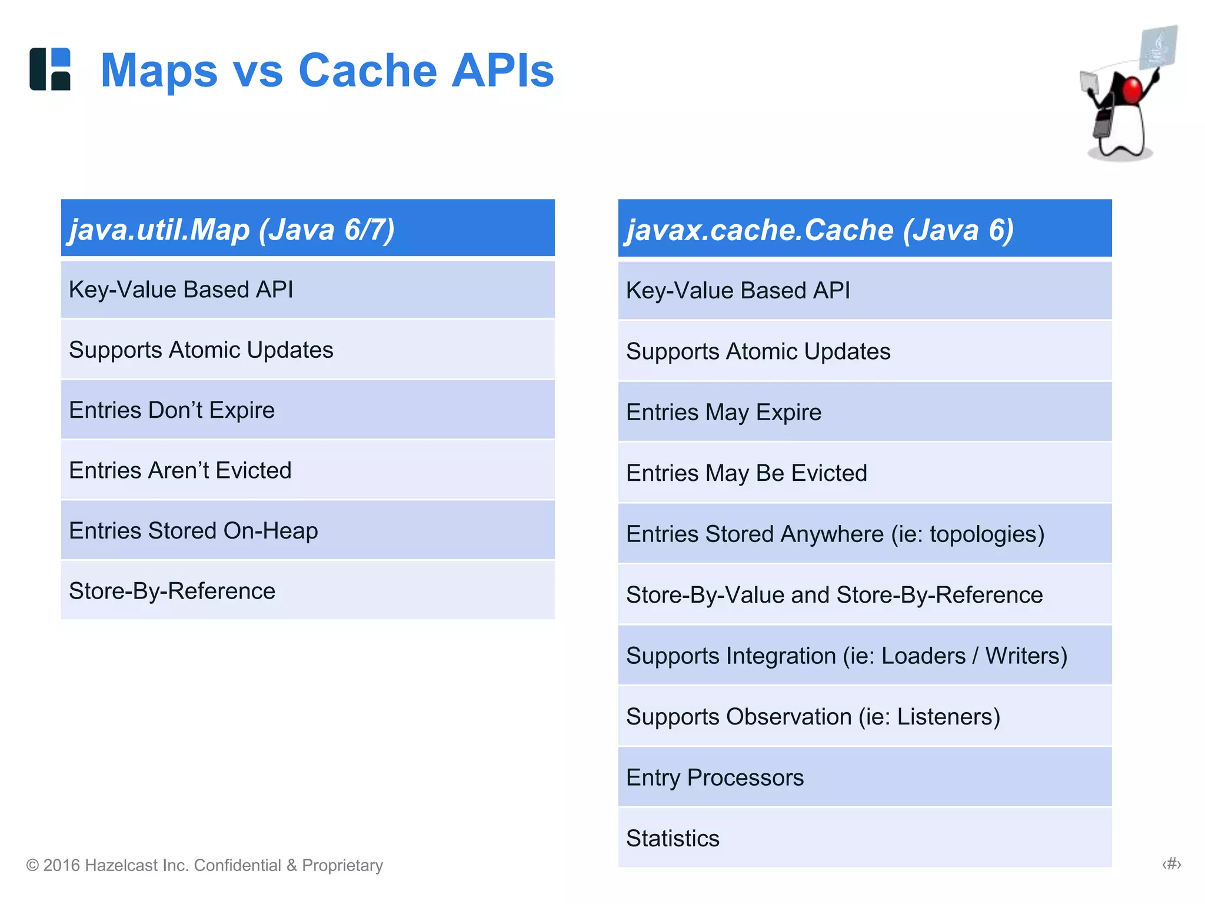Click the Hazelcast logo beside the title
coord(50,69)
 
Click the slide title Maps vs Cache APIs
coord(327,71)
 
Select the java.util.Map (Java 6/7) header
coord(308,228)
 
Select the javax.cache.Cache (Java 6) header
coord(864,229)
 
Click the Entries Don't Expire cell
coord(308,410)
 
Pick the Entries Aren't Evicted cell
coord(308,470)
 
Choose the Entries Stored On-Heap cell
coord(308,530)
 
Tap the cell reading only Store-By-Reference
coord(308,591)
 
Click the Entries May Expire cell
coord(864,412)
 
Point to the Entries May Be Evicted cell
coord(864,473)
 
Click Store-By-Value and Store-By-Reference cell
coord(864,595)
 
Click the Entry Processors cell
coord(864,777)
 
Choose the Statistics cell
coord(864,838)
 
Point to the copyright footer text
coord(205,865)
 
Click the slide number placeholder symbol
coord(1171,864)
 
